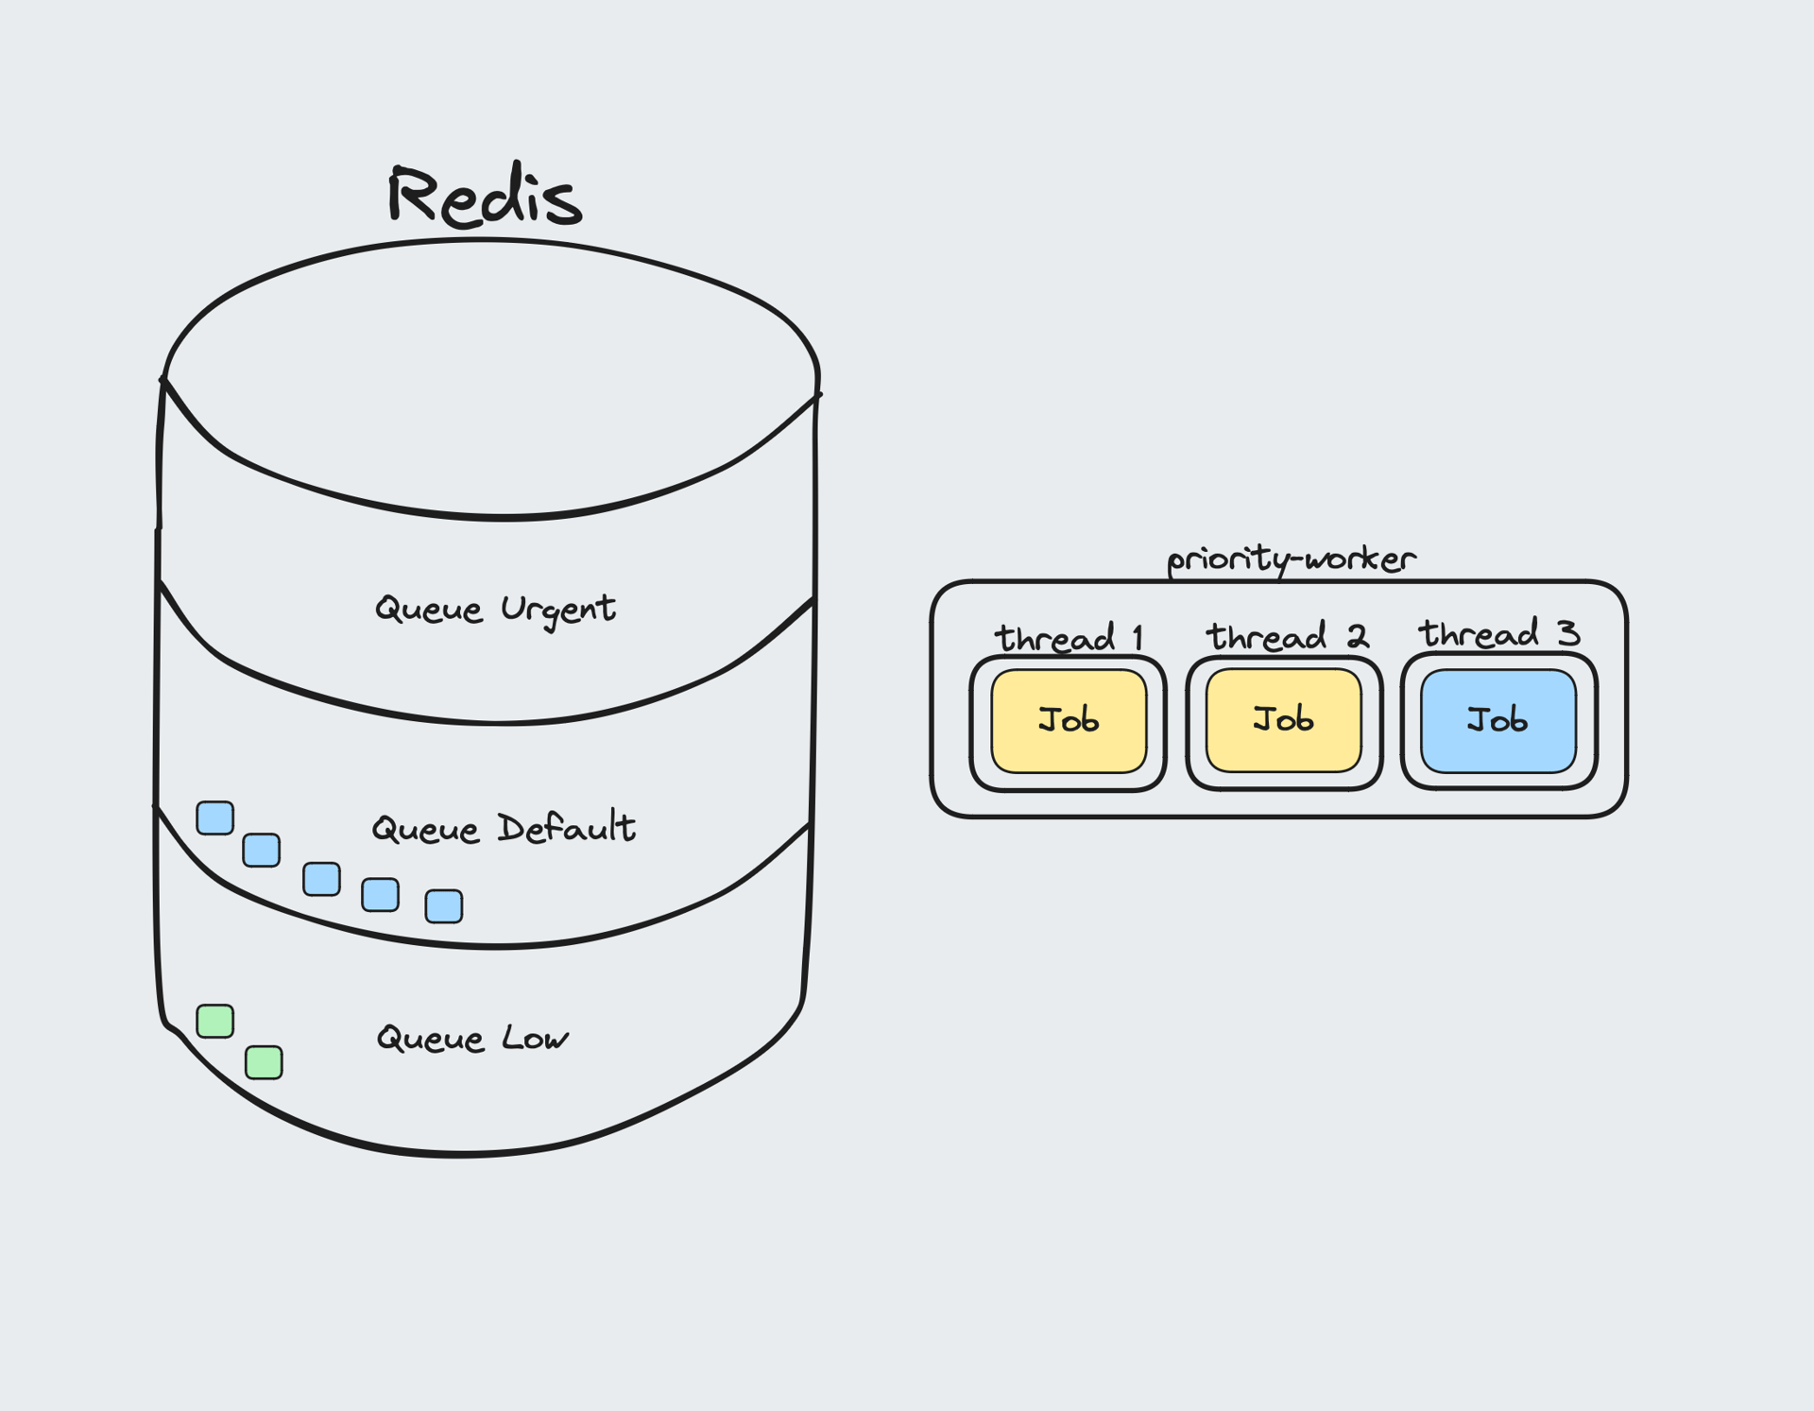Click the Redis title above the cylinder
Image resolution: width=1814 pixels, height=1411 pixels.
tap(484, 196)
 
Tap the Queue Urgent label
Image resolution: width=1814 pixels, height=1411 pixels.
tap(495, 609)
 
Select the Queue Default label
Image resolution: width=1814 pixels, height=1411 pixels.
tap(503, 829)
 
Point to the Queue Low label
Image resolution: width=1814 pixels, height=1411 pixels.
tap(472, 1038)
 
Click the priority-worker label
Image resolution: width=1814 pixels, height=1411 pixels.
tap(1292, 559)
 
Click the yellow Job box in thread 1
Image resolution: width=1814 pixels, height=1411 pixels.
tap(1069, 721)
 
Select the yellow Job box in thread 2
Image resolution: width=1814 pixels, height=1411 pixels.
tap(1283, 720)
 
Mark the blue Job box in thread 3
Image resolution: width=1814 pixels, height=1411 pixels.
tap(1497, 721)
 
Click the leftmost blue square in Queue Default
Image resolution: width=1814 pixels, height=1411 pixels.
tap(215, 818)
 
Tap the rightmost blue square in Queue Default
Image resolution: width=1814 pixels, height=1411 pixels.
tap(444, 905)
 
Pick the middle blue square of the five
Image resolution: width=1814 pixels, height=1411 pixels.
tap(321, 879)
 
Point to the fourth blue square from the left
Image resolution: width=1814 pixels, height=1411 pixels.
tap(380, 894)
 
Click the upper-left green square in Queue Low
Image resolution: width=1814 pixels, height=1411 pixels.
tap(215, 1022)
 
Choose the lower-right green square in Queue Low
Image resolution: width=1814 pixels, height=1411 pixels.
tap(264, 1062)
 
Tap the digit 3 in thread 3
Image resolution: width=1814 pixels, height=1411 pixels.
tap(1568, 633)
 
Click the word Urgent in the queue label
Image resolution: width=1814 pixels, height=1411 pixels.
tap(557, 610)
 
